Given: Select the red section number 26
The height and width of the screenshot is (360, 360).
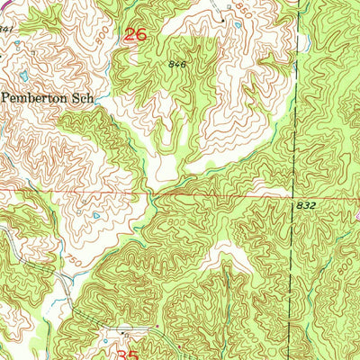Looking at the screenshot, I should click(134, 35).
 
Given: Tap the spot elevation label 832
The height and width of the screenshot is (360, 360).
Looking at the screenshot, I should click(306, 205).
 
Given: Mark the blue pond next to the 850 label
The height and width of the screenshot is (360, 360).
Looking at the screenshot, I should click(237, 24).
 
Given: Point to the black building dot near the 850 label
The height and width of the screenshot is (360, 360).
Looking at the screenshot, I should click(220, 18).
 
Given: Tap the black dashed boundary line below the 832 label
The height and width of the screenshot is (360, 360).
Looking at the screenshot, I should click(292, 270).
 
